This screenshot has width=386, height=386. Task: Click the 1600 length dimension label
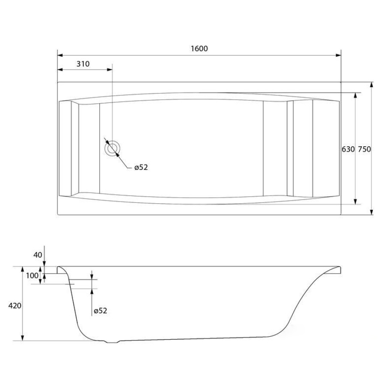[x=199, y=48]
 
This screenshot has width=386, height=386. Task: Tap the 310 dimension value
[x=83, y=64]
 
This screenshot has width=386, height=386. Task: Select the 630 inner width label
[x=348, y=149]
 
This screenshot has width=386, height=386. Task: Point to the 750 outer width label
[x=364, y=149]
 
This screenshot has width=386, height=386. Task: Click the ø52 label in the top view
[x=141, y=167]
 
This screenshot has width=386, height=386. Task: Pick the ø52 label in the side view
[x=100, y=311]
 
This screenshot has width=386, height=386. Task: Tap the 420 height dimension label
[x=15, y=306]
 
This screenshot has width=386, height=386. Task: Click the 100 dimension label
[x=32, y=275]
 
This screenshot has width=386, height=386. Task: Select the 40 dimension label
[x=38, y=255]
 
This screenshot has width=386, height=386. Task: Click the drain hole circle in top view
[x=112, y=149]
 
